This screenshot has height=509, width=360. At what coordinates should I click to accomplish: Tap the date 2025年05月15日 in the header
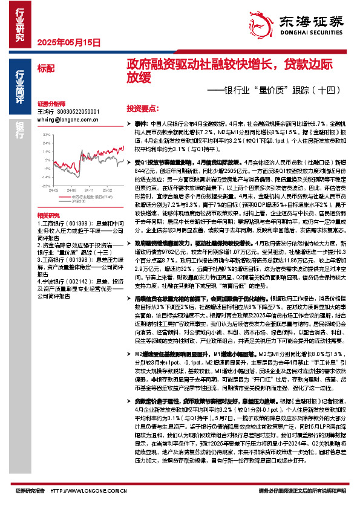coord(68,42)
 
